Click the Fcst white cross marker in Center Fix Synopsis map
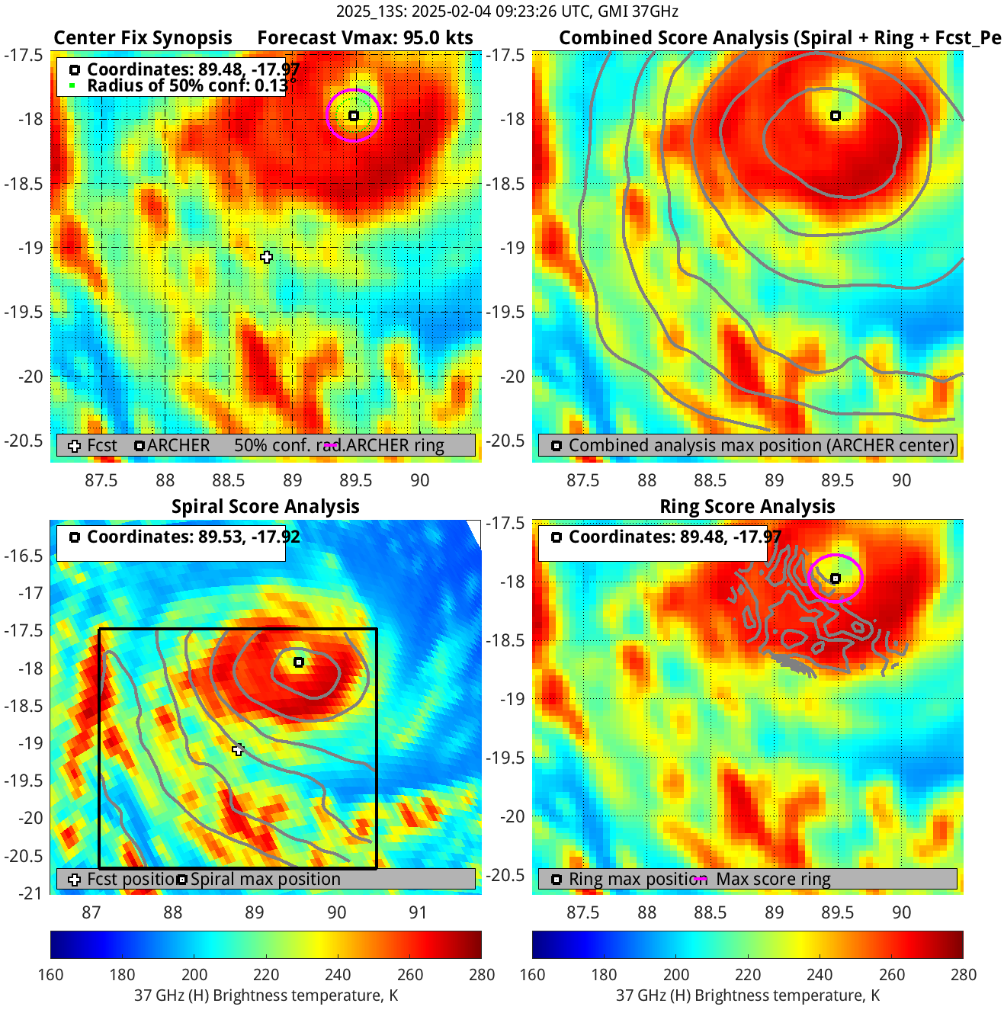point(266,257)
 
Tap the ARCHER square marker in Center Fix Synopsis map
point(354,116)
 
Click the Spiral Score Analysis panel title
point(265,507)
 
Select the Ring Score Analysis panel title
point(747,507)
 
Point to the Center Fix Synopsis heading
point(143,38)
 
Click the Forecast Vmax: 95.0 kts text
point(364,38)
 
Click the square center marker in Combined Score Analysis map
point(836,116)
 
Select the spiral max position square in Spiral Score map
point(299,662)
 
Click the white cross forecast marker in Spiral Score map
point(238,750)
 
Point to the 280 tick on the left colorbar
point(482,974)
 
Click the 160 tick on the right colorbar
point(532,974)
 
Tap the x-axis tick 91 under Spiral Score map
point(418,912)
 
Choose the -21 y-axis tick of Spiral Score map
point(30,893)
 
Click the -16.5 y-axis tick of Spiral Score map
point(26,556)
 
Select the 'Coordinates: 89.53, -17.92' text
point(194,537)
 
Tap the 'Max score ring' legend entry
point(773,879)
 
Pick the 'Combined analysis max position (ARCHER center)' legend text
point(761,445)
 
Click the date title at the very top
point(507,11)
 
